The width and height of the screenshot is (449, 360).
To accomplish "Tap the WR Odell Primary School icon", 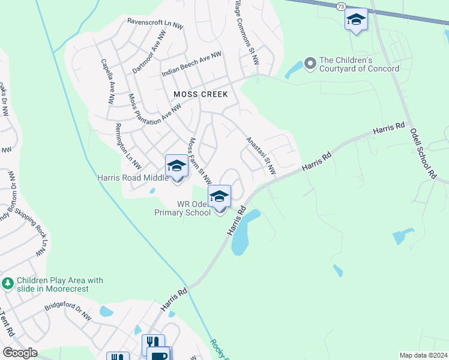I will pyautogui.click(x=219, y=196).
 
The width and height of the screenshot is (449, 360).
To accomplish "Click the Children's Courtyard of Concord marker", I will pyautogui.click(x=310, y=63).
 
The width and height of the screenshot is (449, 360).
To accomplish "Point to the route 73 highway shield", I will pyautogui.click(x=340, y=5).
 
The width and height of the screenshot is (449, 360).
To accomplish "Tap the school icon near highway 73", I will pyautogui.click(x=356, y=20).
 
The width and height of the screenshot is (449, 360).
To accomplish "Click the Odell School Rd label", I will pyautogui.click(x=422, y=153).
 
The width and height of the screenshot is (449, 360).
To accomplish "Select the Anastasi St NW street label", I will pyautogui.click(x=261, y=156).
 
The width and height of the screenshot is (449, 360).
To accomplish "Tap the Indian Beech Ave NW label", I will pyautogui.click(x=191, y=64).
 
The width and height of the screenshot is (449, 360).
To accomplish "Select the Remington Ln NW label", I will pyautogui.click(x=127, y=145).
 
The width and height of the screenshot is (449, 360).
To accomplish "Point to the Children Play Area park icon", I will pyautogui.click(x=8, y=283).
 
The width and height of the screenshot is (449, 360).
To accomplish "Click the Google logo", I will pyautogui.click(x=20, y=353).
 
